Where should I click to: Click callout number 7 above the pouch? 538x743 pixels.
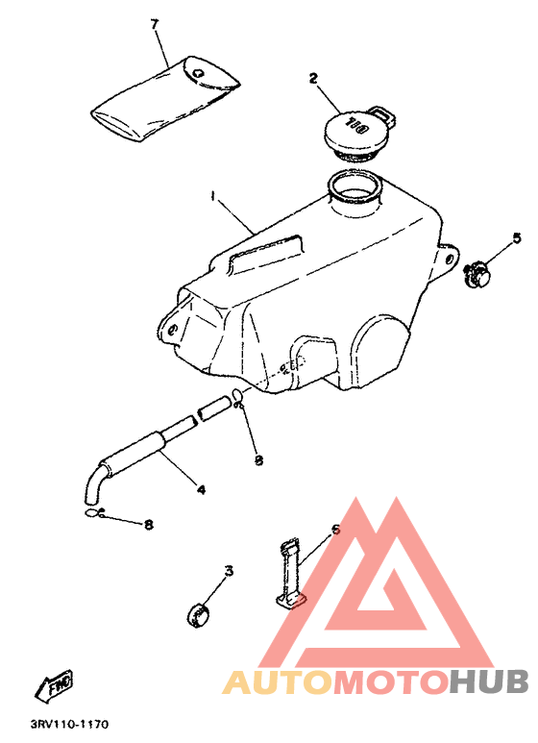pyautogui.click(x=154, y=24)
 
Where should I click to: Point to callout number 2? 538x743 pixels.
pyautogui.click(x=313, y=79)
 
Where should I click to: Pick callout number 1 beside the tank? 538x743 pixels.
pyautogui.click(x=213, y=195)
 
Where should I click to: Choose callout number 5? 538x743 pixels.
pyautogui.click(x=516, y=236)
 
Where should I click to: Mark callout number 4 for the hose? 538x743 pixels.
pyautogui.click(x=201, y=489)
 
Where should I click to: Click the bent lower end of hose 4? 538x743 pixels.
pyautogui.click(x=94, y=485)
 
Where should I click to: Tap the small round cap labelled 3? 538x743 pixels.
pyautogui.click(x=199, y=611)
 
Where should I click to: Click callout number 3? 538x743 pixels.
pyautogui.click(x=229, y=572)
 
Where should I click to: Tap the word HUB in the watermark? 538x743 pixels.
pyautogui.click(x=489, y=681)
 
